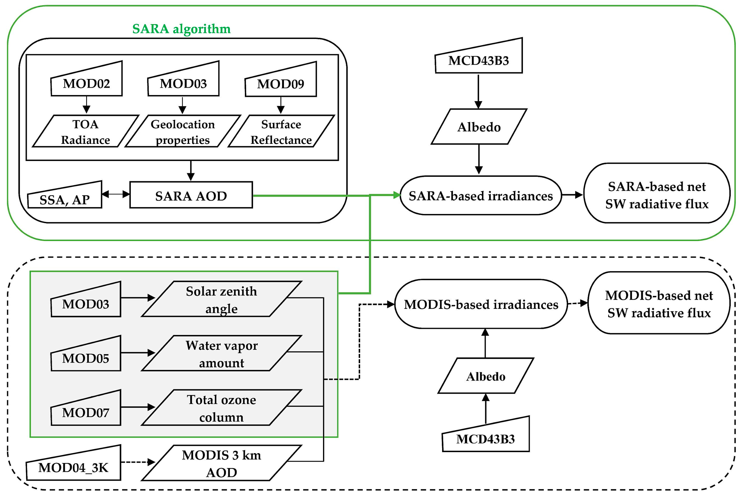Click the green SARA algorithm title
tap(181, 29)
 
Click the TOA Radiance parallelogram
tap(86, 131)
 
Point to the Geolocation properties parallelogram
tap(183, 131)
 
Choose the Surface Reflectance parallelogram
tap(281, 131)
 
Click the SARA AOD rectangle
tap(191, 195)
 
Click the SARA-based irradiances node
tap(481, 196)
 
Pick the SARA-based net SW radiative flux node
tap(657, 193)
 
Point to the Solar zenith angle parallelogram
tap(222, 299)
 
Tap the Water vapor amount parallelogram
tap(222, 353)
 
